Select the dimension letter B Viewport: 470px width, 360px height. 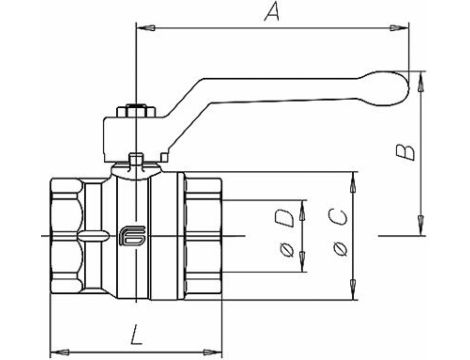coord(403,152)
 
